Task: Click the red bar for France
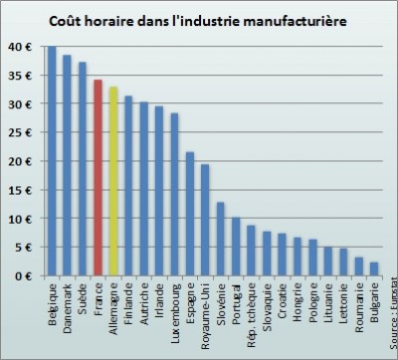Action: (98, 179)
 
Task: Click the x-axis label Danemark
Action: (68, 305)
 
